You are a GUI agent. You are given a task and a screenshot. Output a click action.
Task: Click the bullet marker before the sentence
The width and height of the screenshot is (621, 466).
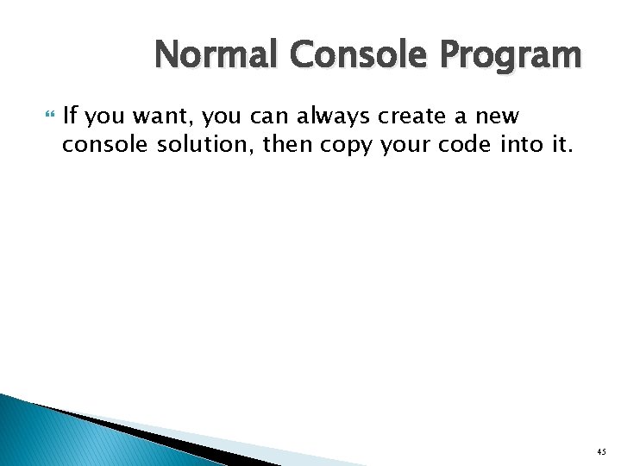(48, 116)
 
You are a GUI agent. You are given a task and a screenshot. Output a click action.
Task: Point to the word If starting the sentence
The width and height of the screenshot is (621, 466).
(72, 116)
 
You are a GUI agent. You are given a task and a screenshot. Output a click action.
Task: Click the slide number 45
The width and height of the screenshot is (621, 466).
(600, 452)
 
